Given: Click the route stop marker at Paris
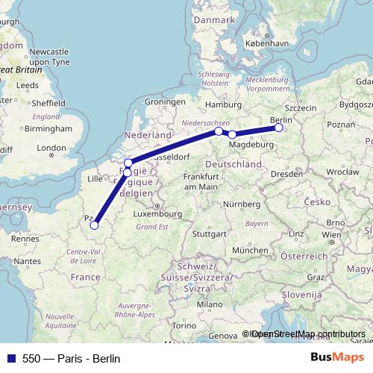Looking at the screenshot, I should pos(94,224).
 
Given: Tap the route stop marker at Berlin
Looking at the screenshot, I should pos(279,128).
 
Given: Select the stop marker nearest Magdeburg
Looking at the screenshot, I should pos(232,134).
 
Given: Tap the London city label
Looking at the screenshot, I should pos(51,148).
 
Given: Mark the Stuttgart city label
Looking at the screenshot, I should pos(207,233).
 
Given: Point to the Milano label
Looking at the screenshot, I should pos(209,304).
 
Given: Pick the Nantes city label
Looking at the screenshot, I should pos(26,261).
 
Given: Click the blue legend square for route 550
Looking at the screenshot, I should pos(10,357).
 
